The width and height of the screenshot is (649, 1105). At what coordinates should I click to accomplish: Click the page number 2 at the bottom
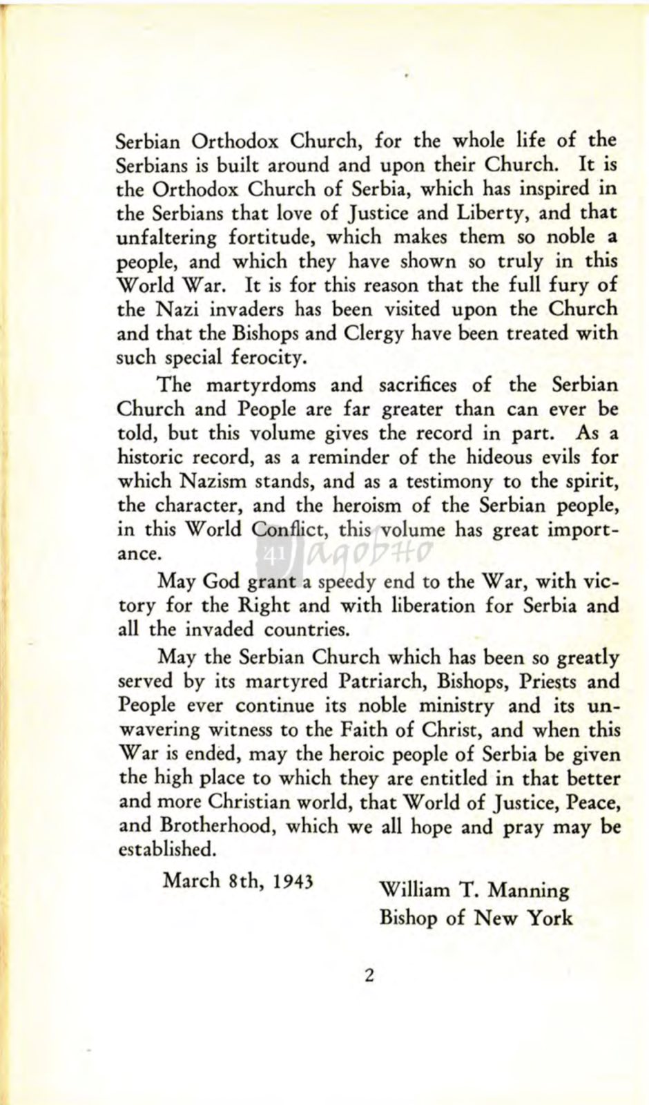click(x=369, y=976)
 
